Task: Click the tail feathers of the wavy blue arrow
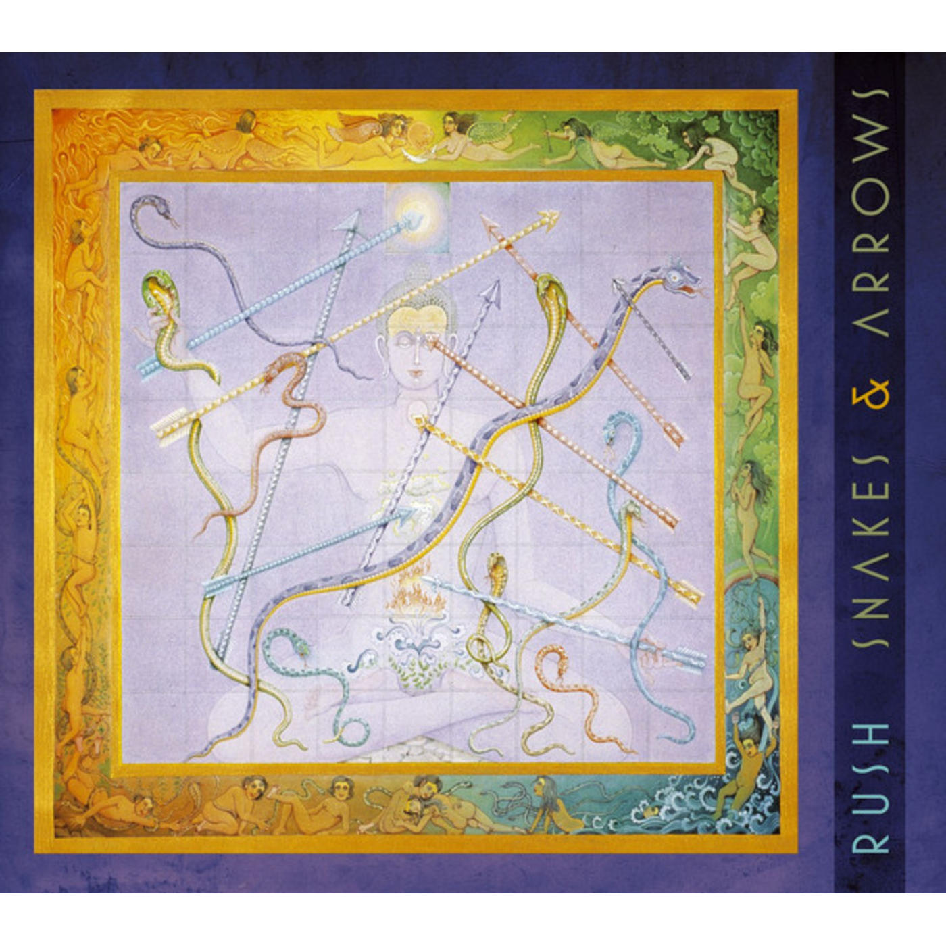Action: [682, 655]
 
